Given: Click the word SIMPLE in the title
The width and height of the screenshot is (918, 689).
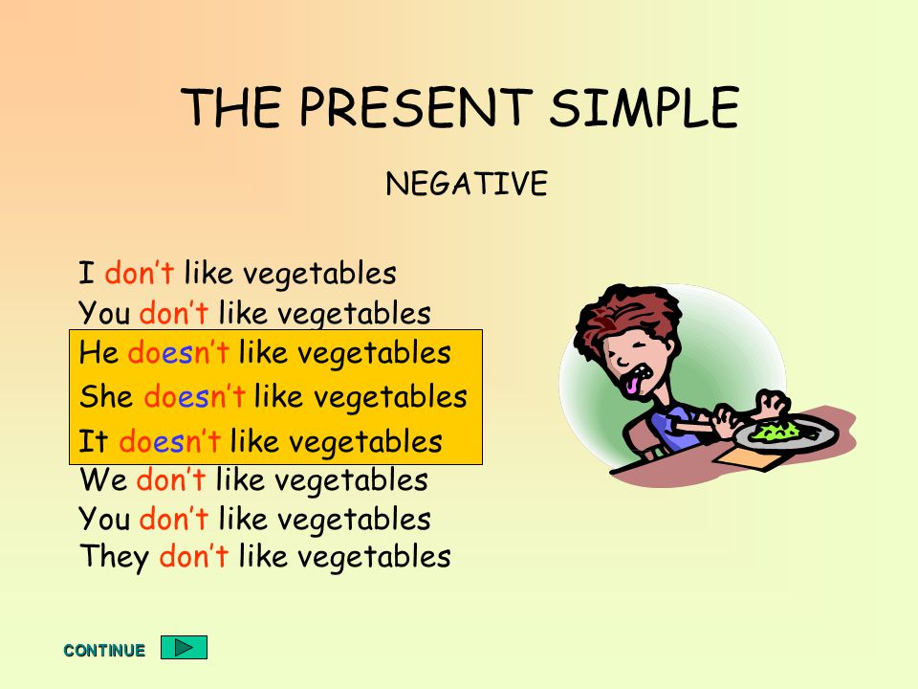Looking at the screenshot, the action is click(x=645, y=106).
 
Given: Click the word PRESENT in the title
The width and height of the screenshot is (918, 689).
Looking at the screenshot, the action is click(x=416, y=106).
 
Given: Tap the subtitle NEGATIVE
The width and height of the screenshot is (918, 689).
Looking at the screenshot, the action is click(x=467, y=184).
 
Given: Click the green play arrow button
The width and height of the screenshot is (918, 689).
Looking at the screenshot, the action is click(x=184, y=648).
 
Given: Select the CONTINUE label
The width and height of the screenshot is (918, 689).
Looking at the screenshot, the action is click(x=104, y=651).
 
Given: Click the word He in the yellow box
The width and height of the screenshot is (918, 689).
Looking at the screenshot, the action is click(x=98, y=353).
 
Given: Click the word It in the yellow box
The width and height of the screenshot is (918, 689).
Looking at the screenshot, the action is click(x=93, y=440).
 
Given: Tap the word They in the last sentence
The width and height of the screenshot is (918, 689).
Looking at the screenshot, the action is click(x=114, y=557).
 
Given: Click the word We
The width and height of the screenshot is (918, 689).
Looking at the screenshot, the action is click(x=103, y=480).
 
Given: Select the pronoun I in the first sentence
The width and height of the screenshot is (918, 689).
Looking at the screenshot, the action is click(x=87, y=274).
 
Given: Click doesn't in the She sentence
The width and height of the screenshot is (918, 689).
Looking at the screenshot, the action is click(x=194, y=396).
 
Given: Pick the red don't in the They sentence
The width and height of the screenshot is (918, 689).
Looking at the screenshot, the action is click(x=193, y=555).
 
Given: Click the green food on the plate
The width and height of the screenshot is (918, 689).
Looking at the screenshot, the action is click(x=775, y=433).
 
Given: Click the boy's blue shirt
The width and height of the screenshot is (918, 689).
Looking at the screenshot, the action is click(x=671, y=425).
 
